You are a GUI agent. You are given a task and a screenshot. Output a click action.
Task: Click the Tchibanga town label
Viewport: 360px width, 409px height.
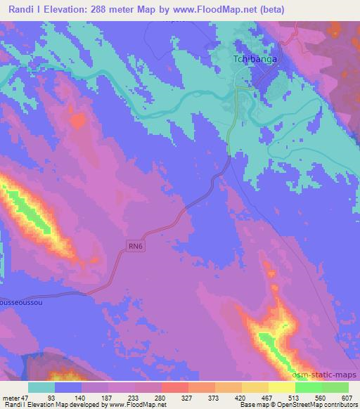[254, 60]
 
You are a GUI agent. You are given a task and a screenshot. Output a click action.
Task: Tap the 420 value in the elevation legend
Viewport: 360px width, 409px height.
[241, 397]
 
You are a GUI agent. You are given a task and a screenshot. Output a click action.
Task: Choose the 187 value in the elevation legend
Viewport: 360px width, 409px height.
[108, 397]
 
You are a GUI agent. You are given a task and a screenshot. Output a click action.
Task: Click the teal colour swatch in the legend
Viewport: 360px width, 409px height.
[41, 387]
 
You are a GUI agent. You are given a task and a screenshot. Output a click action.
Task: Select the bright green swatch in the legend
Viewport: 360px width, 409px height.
[308, 387]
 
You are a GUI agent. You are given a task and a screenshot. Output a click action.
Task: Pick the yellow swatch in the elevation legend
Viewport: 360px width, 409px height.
[281, 387]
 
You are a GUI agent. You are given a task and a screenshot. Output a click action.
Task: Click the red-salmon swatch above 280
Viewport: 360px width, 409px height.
[174, 387]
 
